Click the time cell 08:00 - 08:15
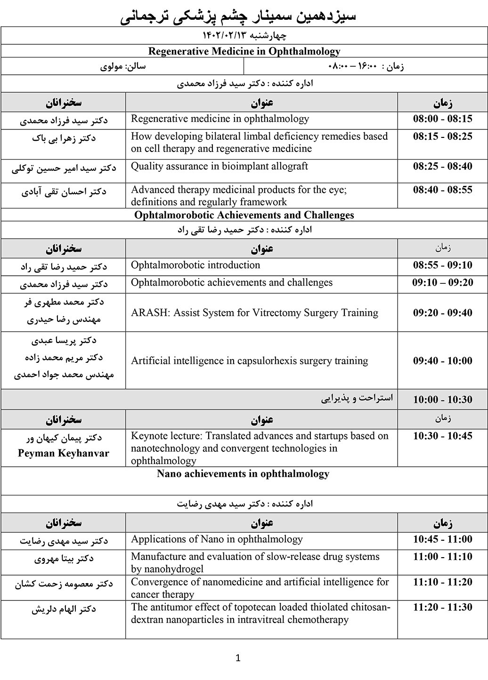click(x=442, y=119)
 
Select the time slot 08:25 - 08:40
click(x=442, y=167)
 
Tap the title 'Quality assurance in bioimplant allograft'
click(x=220, y=167)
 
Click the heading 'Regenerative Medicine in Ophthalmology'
click(x=244, y=51)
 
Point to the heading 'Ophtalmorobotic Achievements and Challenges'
click(x=244, y=216)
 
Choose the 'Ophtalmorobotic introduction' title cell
click(x=195, y=265)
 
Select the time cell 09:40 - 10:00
click(x=442, y=361)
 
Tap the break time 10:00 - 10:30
click(x=442, y=400)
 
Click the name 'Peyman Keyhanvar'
click(x=64, y=454)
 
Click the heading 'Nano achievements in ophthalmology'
click(x=243, y=474)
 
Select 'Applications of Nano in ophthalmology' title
click(x=217, y=539)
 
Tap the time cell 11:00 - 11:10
click(x=442, y=557)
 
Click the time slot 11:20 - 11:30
click(x=442, y=608)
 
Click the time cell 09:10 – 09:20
click(x=442, y=283)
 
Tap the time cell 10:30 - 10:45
click(x=442, y=436)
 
